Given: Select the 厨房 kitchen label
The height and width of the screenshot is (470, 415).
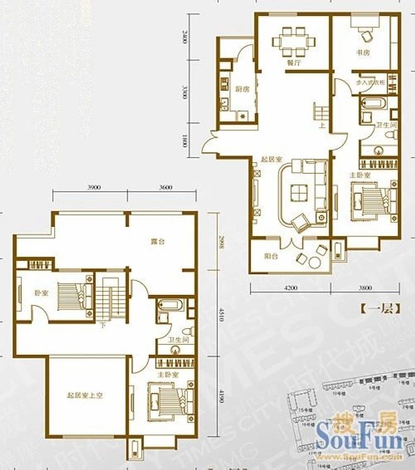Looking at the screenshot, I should click(242, 90).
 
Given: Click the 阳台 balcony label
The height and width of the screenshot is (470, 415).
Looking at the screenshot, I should click(271, 256).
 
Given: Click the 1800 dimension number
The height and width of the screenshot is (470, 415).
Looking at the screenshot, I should click(185, 142).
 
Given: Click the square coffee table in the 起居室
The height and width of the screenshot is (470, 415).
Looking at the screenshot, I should click(299, 192).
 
